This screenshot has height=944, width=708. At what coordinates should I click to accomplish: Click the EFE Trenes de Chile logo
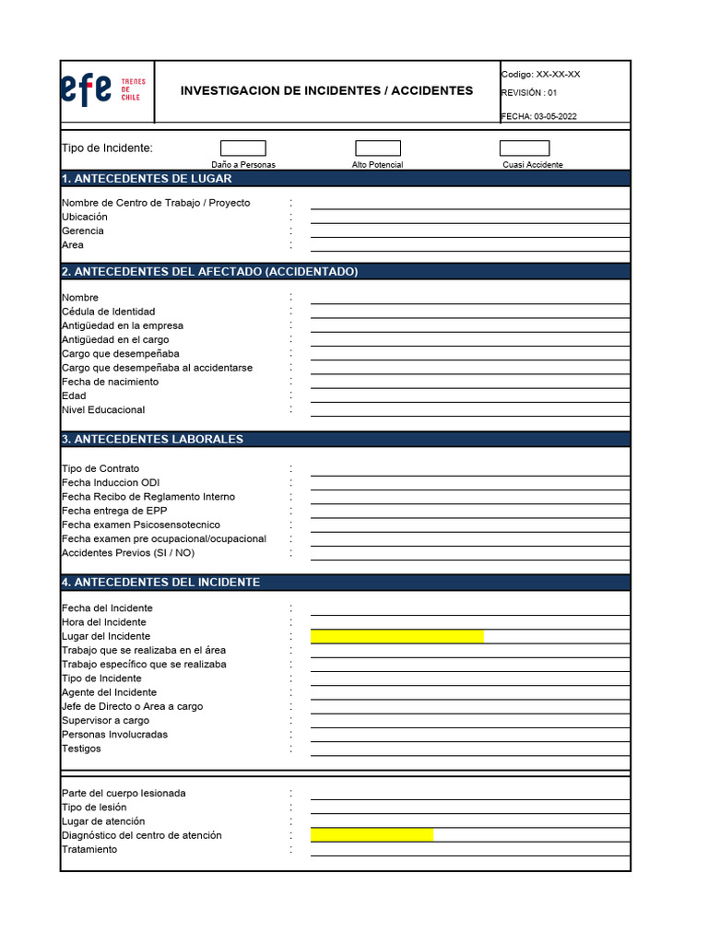coord(102,89)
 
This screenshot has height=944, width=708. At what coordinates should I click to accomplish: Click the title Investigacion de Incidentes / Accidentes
coord(326,90)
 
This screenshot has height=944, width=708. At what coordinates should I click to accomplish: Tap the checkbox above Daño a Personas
coord(243,148)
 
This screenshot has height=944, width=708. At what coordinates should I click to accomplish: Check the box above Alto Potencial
coord(378,148)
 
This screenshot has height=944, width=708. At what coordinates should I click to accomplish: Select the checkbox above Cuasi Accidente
coord(525,148)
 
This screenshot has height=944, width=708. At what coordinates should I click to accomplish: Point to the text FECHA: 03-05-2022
coord(539,116)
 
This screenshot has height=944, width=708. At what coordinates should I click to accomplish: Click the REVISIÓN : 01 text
coord(529,92)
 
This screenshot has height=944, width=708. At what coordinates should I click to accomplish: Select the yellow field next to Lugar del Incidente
coord(396,636)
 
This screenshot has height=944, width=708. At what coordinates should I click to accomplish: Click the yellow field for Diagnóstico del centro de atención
coord(372,835)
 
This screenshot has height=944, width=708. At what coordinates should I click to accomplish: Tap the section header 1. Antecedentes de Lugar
coord(147,179)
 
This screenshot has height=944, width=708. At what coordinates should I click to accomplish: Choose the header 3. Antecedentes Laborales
coord(152,439)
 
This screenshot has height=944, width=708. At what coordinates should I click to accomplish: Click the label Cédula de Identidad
coord(108,312)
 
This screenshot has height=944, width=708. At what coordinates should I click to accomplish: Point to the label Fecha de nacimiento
coord(110,382)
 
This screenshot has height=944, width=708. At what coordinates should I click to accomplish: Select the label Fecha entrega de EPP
coord(114,511)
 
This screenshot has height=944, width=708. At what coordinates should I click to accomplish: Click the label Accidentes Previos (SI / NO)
coord(128,553)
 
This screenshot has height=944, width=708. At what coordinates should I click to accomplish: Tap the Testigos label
coord(81,749)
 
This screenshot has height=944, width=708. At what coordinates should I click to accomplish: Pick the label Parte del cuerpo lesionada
coord(124,793)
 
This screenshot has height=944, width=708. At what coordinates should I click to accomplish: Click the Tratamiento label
coord(89,849)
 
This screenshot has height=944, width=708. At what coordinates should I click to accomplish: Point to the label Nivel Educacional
coord(103,409)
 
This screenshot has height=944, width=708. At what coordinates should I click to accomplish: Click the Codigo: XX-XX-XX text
coord(540,75)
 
